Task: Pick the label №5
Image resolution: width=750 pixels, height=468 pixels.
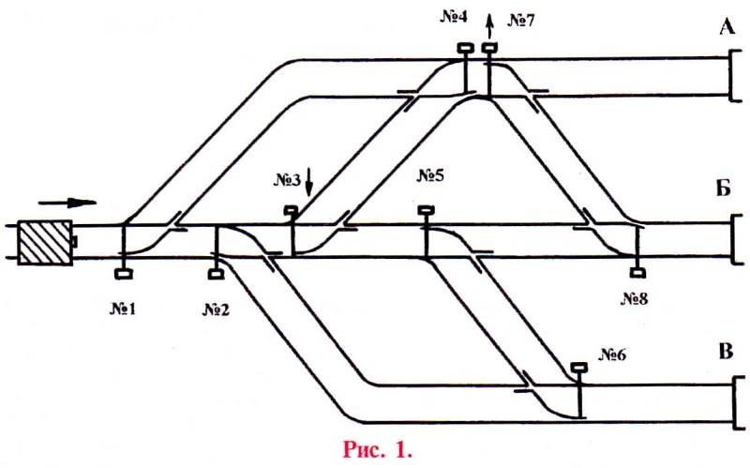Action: [x=429, y=175]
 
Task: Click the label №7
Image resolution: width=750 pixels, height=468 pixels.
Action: [x=519, y=20]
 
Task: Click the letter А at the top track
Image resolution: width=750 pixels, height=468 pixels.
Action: [x=727, y=27]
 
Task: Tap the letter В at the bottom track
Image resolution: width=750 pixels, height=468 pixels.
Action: [x=726, y=353]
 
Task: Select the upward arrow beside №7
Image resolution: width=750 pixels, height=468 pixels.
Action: [x=488, y=21]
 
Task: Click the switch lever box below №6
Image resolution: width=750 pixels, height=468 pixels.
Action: [x=579, y=369]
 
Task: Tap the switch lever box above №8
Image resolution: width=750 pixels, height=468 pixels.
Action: [x=637, y=273]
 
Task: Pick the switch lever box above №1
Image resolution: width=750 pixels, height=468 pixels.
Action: [x=122, y=273]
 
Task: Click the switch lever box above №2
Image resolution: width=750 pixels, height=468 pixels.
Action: [x=215, y=273]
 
